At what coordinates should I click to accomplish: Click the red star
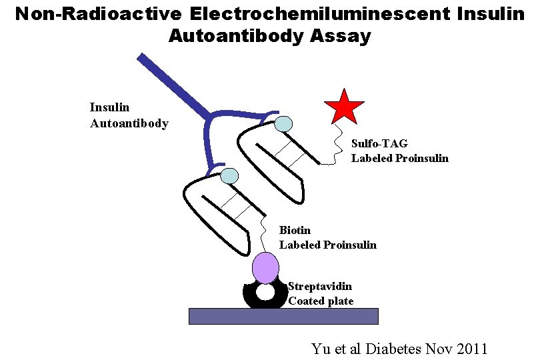click(x=344, y=106)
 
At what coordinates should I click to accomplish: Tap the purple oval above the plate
click(x=265, y=267)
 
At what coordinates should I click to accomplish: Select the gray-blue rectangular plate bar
click(x=283, y=316)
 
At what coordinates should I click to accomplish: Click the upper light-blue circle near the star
click(x=283, y=123)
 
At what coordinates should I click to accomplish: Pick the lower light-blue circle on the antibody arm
click(x=229, y=176)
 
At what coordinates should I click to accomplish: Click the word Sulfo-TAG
click(x=379, y=143)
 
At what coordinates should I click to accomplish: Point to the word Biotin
click(x=295, y=230)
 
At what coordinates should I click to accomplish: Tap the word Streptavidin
click(x=320, y=286)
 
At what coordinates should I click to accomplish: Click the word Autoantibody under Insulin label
click(x=129, y=123)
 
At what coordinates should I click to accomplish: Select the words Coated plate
click(x=321, y=301)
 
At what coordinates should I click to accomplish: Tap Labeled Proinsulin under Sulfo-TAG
click(x=400, y=158)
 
